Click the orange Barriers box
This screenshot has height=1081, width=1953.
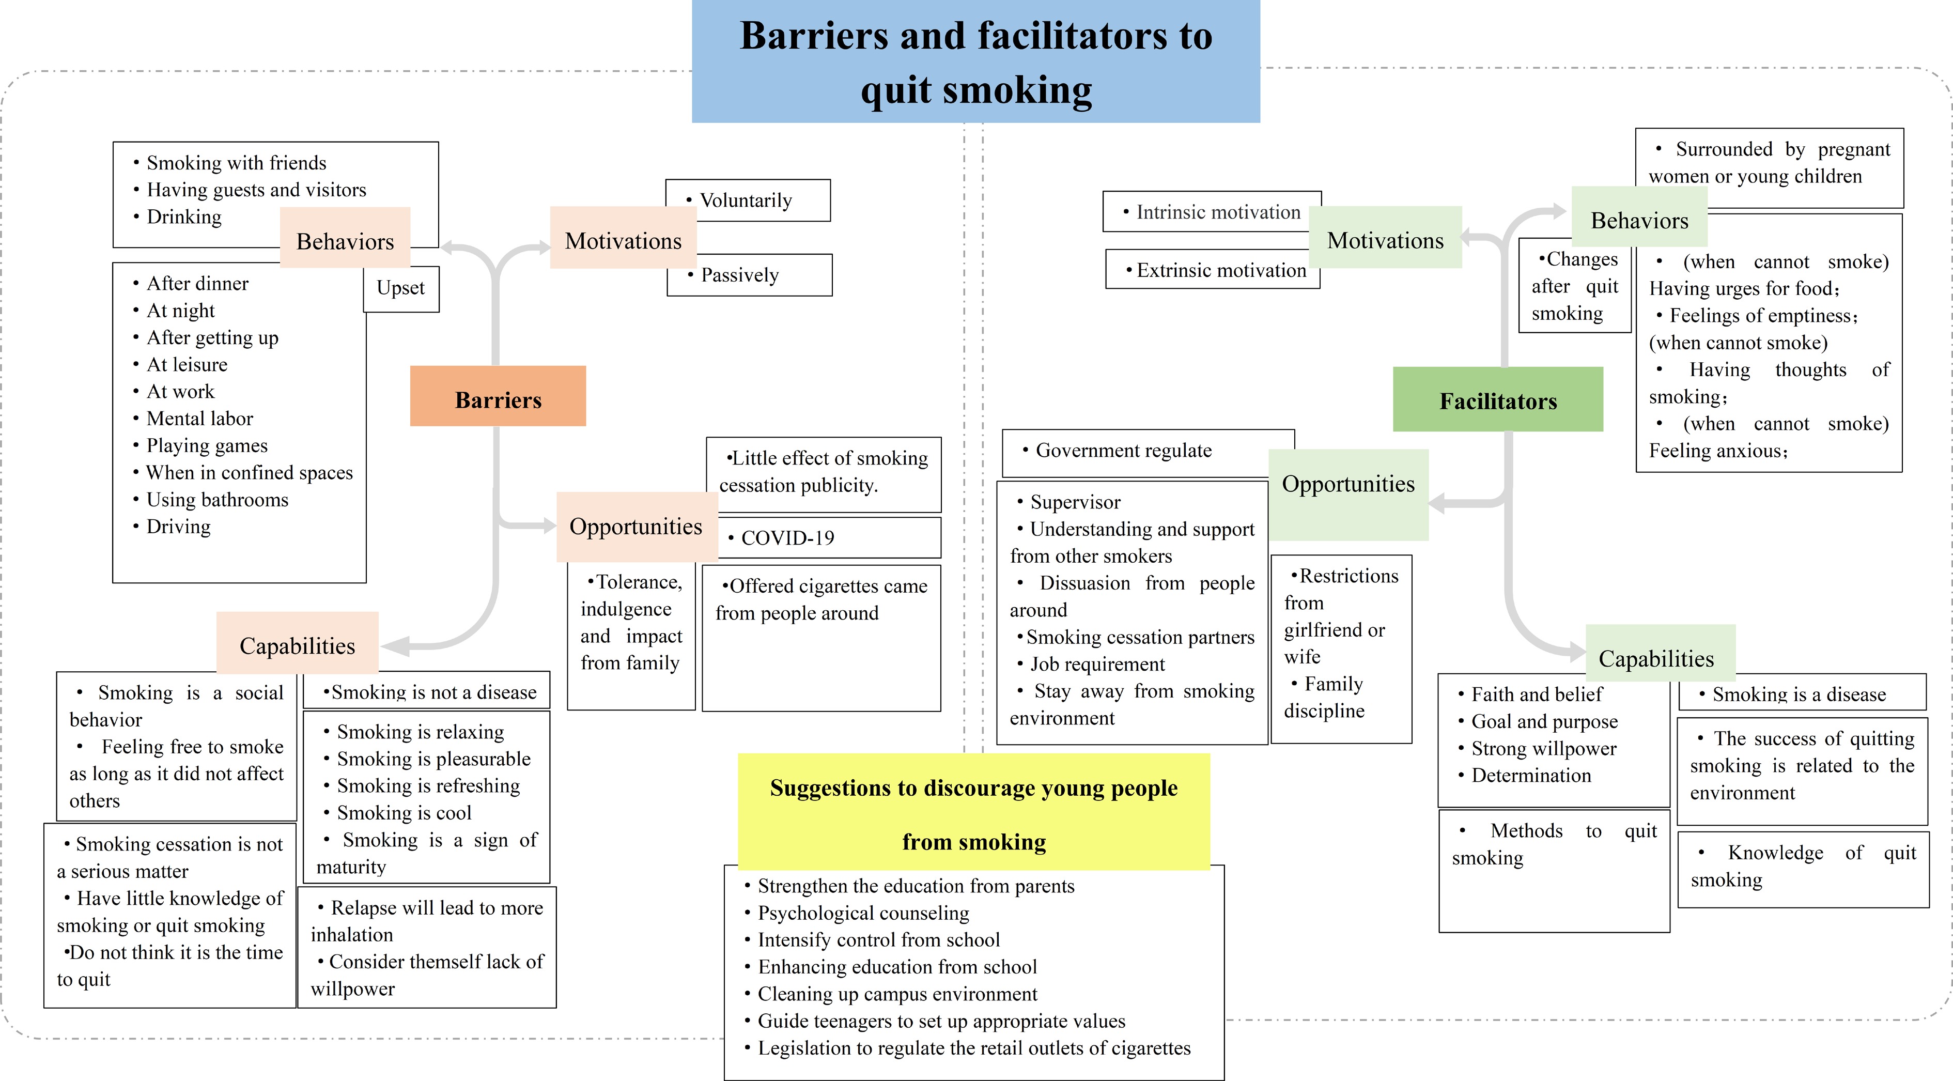click(498, 396)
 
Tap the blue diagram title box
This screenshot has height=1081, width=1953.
click(976, 61)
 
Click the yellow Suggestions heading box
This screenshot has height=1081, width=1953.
click(973, 812)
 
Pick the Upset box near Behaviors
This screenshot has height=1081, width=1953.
click(401, 289)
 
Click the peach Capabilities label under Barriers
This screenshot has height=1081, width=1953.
click(297, 645)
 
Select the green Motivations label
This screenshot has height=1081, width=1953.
click(1385, 240)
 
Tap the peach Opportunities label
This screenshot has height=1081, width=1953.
click(636, 526)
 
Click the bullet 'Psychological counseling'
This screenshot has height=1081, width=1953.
click(863, 913)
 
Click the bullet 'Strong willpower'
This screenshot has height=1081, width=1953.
click(1544, 749)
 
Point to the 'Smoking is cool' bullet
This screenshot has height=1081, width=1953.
click(404, 813)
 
